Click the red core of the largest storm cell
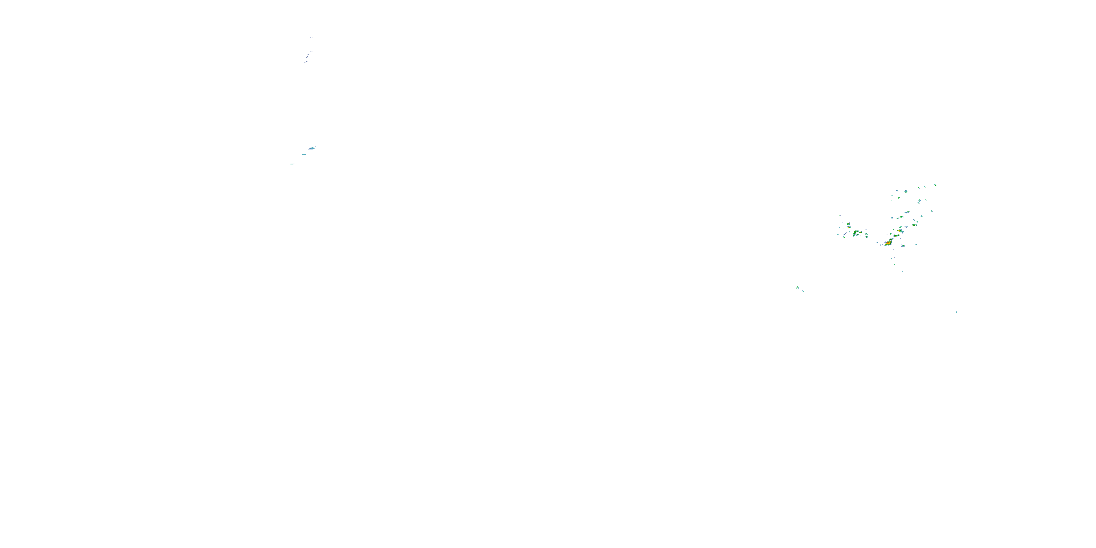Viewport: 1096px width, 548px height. tap(888, 243)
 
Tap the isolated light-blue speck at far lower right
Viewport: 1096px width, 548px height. tap(956, 312)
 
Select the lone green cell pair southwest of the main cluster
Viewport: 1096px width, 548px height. tap(798, 288)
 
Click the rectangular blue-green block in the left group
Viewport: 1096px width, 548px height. tap(304, 155)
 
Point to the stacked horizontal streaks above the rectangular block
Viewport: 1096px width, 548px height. tap(312, 148)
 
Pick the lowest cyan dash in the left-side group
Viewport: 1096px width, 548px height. tap(292, 164)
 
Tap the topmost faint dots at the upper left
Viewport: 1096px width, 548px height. tap(311, 38)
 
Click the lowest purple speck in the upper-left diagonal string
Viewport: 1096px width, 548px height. tap(305, 62)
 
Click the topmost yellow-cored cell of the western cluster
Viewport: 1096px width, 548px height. tap(848, 224)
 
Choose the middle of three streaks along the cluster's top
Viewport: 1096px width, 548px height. tap(925, 187)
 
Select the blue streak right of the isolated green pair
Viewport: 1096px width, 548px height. tap(803, 291)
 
